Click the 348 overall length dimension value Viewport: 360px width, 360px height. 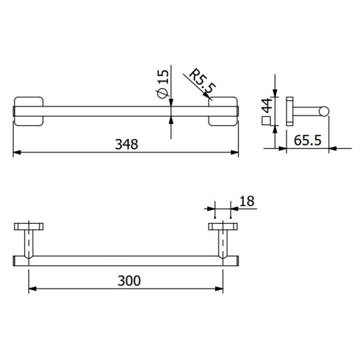126,144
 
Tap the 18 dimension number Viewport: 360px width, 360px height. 247,201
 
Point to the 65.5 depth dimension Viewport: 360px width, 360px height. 307,140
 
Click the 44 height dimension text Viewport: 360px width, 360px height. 266,106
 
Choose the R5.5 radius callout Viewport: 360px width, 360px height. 201,82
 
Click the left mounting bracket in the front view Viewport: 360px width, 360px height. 29,111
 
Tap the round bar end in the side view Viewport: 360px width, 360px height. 324,111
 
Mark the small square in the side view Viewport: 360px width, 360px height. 265,120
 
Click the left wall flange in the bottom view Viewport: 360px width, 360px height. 29,226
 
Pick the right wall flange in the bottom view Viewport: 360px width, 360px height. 222,226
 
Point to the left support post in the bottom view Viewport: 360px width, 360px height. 29,243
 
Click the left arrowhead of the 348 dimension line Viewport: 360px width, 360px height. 16,152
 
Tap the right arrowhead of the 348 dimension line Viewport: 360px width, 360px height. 234,152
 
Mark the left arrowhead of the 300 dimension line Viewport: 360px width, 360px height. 32,288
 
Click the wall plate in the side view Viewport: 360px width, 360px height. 289,111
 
